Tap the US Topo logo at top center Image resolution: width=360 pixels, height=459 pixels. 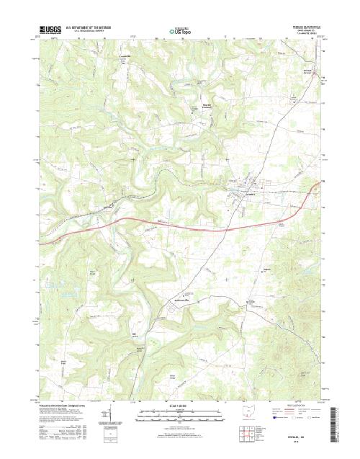click(180, 31)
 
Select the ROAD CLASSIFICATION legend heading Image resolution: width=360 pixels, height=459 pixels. click(300, 406)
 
